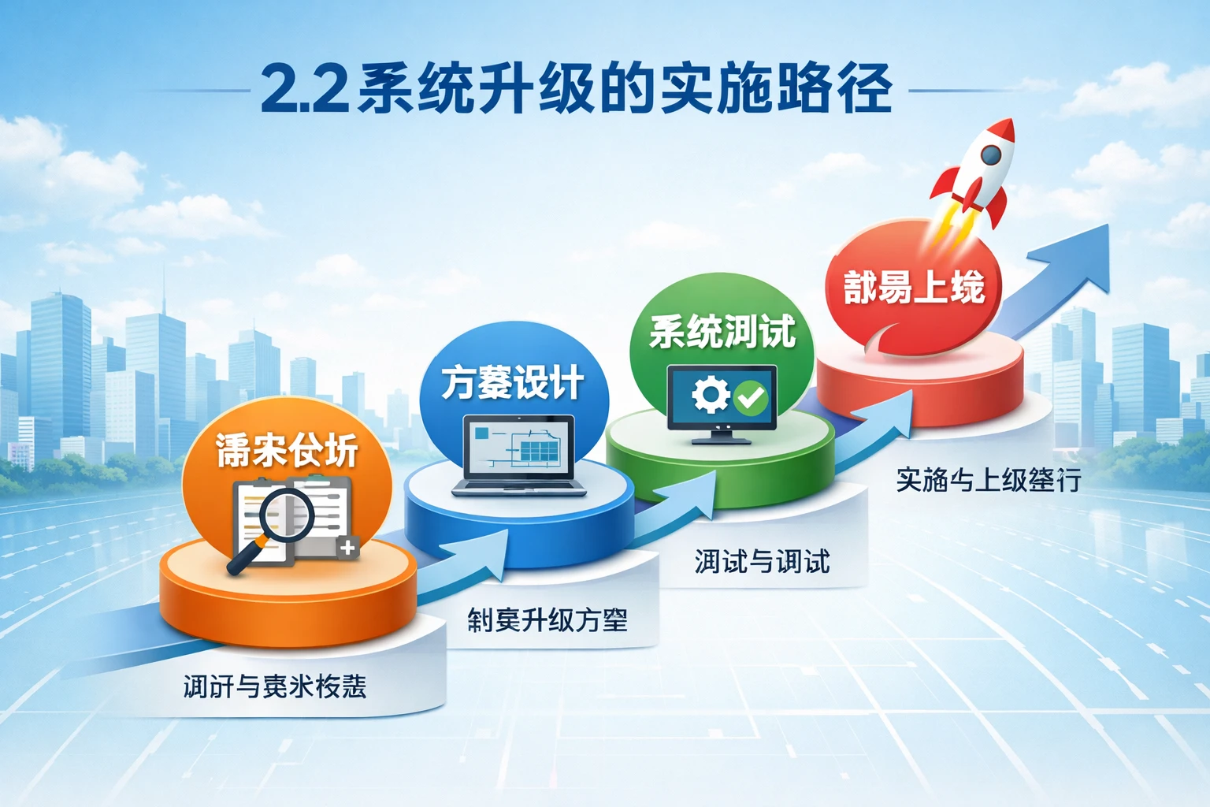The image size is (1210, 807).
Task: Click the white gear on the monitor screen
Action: (710, 395)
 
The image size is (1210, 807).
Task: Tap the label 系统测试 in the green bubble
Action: (722, 331)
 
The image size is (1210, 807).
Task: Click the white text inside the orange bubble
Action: (287, 451)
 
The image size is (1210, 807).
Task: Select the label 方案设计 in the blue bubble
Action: (512, 383)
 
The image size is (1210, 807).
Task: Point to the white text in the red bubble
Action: (914, 287)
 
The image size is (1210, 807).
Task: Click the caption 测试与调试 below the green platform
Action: (762, 562)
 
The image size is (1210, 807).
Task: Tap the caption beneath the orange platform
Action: (275, 686)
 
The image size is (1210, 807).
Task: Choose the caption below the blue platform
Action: (547, 620)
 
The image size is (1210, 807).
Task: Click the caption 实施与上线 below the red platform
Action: (988, 479)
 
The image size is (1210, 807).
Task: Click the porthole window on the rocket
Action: (990, 157)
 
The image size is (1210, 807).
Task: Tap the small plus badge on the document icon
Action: (347, 547)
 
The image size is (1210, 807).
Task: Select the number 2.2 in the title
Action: (304, 88)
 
